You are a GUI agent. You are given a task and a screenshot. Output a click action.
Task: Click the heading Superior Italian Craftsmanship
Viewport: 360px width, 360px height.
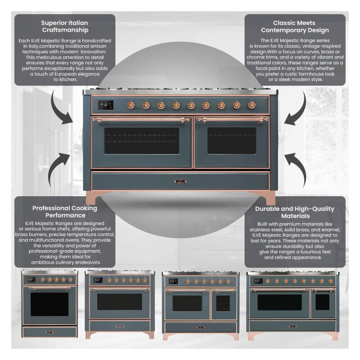[64, 27]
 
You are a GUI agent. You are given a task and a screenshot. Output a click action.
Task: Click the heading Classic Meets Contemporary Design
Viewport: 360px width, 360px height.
[295, 27]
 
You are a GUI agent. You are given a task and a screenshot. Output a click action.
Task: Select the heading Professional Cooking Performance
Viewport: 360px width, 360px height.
[64, 212]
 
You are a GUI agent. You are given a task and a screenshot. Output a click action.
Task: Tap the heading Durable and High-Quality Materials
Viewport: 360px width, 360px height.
[295, 212]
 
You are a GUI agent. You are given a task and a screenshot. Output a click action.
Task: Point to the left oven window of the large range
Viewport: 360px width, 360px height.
[141, 140]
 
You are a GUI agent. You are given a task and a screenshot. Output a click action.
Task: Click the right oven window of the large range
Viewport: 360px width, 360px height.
[231, 140]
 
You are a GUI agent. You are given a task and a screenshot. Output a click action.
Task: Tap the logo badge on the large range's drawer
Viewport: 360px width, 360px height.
[180, 182]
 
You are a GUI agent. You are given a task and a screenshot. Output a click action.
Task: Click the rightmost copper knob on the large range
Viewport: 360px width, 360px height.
[251, 105]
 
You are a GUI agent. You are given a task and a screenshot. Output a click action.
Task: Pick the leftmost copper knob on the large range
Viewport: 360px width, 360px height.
[131, 105]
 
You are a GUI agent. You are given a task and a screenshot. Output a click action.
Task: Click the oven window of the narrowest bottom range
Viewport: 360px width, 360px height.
[49, 304]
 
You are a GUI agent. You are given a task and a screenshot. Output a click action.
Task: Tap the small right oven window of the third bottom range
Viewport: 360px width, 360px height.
[222, 303]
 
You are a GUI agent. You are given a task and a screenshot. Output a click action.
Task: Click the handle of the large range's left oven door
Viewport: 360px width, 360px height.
[141, 120]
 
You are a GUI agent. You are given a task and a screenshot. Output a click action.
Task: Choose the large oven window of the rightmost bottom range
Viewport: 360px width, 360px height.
[279, 302]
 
